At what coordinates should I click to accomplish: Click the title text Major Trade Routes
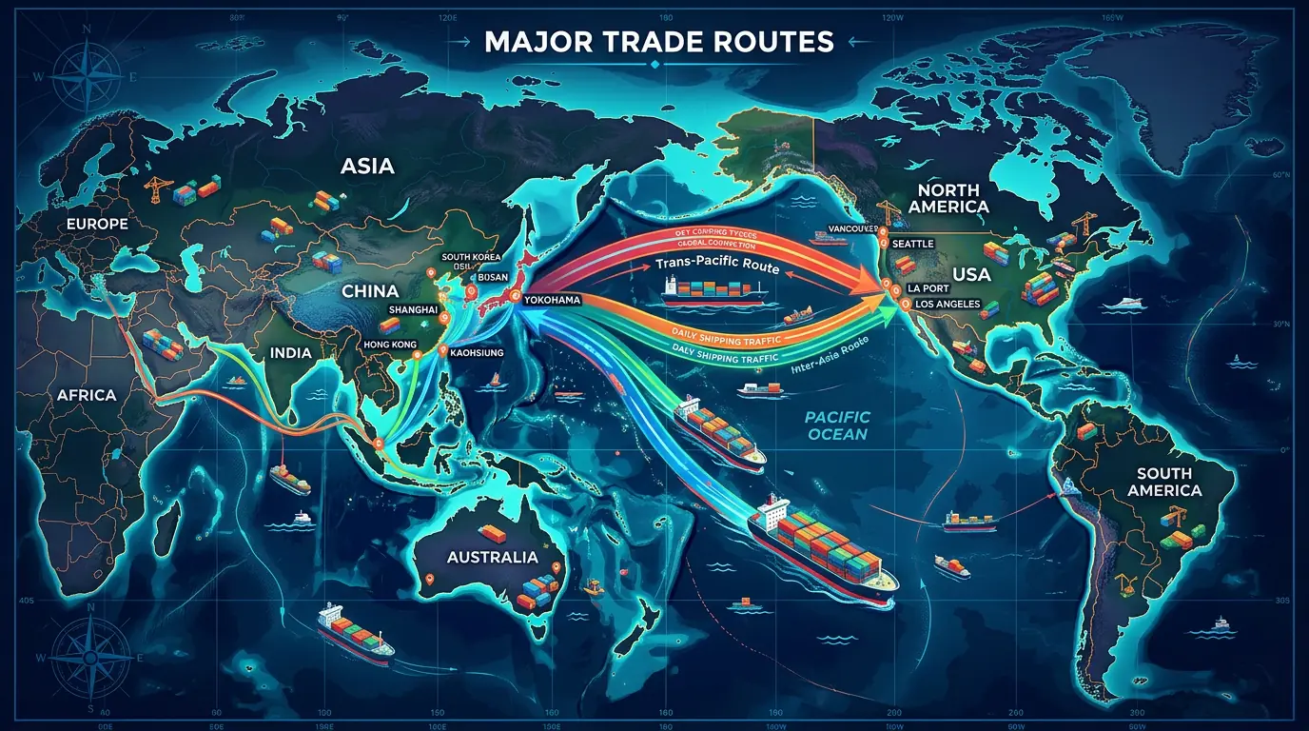[658, 42]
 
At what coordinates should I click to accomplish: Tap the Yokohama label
[553, 300]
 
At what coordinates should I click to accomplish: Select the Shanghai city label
[413, 309]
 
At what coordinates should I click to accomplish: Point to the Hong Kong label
[390, 345]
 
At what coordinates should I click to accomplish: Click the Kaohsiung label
[475, 352]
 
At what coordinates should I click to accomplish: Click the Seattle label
[914, 244]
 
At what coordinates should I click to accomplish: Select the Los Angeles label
[950, 304]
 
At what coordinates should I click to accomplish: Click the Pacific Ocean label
[836, 425]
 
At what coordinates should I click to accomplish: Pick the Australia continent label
[492, 557]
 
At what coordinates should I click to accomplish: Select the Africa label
[86, 394]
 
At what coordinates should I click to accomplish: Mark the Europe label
[97, 225]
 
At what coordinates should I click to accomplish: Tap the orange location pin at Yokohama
[516, 298]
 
